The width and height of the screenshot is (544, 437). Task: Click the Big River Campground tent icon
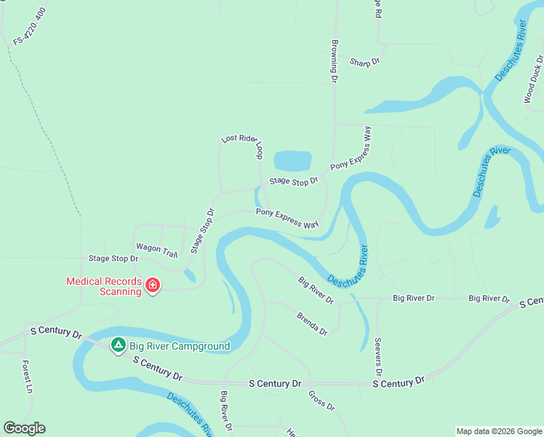(x=117, y=344)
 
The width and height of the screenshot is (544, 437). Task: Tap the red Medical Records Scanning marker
(x=153, y=285)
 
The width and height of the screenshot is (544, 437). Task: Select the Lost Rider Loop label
(x=242, y=146)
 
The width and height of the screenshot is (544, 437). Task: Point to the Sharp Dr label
(x=364, y=63)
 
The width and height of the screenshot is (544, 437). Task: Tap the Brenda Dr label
(x=312, y=324)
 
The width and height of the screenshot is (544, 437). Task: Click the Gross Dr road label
(x=321, y=401)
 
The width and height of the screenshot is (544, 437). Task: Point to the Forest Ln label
(x=26, y=377)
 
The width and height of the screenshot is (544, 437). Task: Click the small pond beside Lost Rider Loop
(x=292, y=161)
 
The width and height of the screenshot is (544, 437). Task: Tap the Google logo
(x=24, y=428)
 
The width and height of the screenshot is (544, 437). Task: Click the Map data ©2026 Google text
(x=498, y=431)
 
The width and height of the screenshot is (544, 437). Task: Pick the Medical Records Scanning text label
(x=104, y=286)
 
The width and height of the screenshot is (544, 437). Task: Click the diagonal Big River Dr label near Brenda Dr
(x=316, y=290)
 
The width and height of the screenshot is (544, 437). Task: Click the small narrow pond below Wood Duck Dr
(x=492, y=217)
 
